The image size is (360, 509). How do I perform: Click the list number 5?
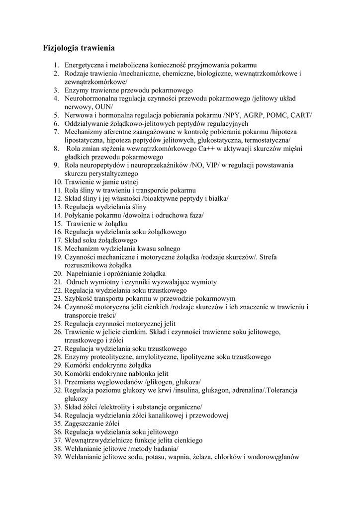pos(57,115)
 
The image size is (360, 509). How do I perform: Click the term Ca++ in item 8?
pos(217,149)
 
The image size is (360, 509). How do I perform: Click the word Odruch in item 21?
pos(78,282)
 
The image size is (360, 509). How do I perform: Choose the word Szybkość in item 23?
pos(79,299)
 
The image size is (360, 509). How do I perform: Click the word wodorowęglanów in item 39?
pos(275,457)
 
